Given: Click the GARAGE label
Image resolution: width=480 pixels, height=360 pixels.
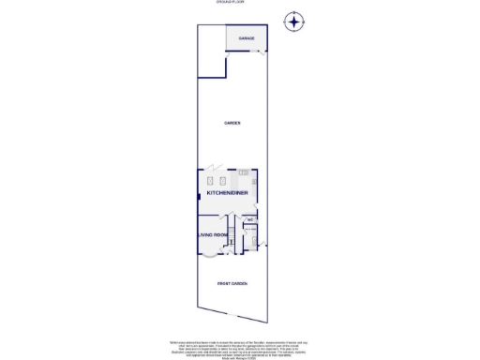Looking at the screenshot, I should coord(247,38).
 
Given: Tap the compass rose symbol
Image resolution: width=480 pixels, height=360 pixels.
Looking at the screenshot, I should coord(295,21).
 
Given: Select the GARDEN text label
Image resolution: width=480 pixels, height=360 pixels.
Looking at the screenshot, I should coord(232,123).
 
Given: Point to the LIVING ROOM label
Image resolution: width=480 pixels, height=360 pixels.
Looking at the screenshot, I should coord(212,234).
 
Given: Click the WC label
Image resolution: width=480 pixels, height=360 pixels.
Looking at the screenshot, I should coord(250,220).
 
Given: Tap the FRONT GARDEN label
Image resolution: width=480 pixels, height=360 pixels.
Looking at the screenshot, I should coord(232,282).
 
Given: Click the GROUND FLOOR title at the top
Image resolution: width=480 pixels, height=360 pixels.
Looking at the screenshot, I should coord(231,4).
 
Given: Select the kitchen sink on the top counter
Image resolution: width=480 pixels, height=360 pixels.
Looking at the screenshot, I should coord(243,172).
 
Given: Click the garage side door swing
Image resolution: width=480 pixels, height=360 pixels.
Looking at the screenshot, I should coord(259,53).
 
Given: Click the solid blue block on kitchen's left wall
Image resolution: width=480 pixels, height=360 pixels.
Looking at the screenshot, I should coord(199,193).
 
